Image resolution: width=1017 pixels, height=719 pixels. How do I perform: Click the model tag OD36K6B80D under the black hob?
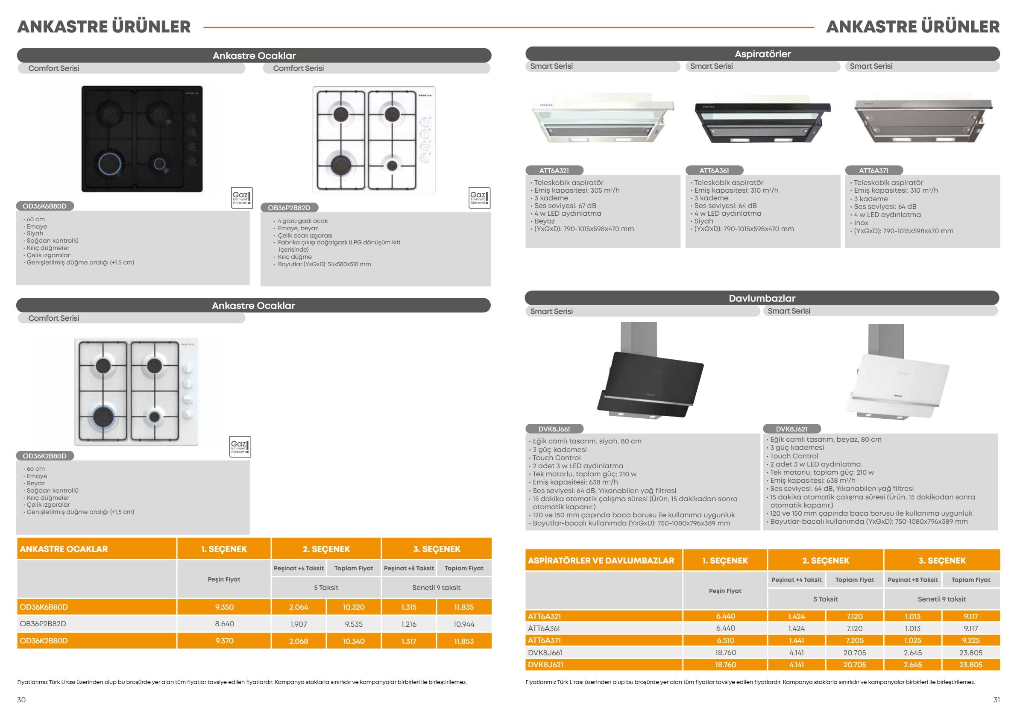pos(45,206)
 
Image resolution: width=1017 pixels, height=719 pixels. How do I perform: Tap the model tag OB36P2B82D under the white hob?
pos(289,208)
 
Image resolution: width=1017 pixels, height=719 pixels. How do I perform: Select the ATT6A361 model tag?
pos(714,170)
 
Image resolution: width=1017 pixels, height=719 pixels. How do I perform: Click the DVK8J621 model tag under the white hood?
pos(791,429)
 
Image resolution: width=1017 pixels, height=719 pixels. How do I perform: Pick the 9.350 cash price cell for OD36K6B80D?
pos(224,607)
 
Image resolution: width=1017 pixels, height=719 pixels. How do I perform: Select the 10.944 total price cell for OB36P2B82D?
pos(464,624)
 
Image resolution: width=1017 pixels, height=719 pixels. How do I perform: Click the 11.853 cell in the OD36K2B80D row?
pos(464,641)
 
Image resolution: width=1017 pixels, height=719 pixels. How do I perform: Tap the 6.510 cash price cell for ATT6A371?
pos(725,640)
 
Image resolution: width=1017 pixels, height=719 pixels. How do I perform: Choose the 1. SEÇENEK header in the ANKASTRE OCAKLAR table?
pos(224,549)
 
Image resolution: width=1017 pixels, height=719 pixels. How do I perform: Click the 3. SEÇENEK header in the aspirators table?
pos(942,561)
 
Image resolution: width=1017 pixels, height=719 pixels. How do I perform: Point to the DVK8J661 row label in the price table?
pos(545,652)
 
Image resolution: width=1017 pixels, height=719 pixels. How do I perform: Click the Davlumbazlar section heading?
pos(762,298)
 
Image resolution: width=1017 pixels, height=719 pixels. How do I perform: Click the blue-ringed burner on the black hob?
pos(108,163)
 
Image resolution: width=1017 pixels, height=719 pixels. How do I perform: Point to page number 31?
pos(996,700)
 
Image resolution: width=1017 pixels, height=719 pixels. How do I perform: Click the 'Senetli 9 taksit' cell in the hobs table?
pos(436,587)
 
